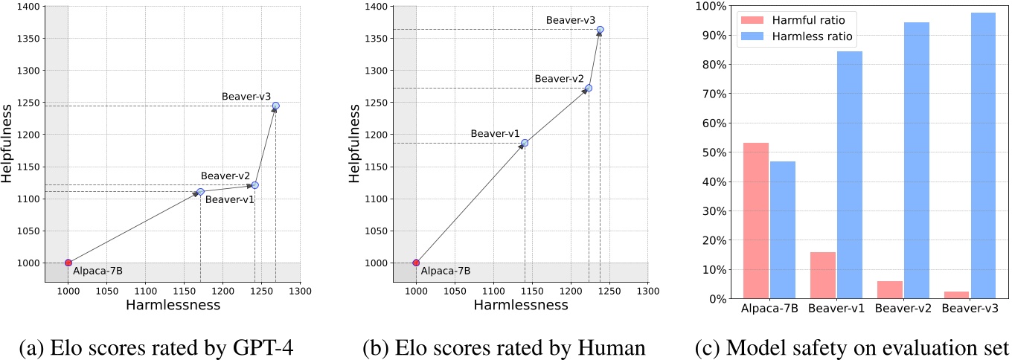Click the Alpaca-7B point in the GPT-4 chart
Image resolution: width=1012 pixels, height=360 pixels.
pos(68,263)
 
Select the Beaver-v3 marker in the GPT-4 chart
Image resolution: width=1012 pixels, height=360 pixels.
pos(276,106)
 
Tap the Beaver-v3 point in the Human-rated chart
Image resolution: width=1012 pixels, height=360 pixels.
pos(601,30)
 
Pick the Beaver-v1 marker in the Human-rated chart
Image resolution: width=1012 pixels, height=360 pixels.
pos(525,143)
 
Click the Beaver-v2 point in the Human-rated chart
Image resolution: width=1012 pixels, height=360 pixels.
pos(589,88)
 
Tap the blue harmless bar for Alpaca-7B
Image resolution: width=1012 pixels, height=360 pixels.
pos(783,230)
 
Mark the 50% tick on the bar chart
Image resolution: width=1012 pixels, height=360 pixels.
pos(715,152)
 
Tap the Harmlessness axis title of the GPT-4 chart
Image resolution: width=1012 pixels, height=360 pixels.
pos(173,305)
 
